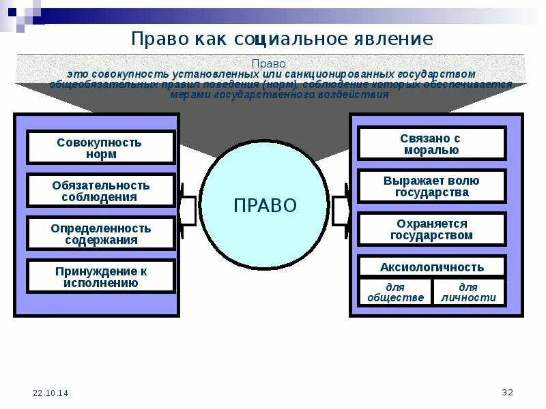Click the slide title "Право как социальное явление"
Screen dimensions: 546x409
tap(281, 38)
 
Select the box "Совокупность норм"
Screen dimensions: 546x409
tap(101, 148)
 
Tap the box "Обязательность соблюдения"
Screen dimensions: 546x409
tap(101, 191)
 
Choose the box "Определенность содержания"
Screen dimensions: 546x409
tap(101, 234)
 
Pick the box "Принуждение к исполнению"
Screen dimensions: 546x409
tap(101, 276)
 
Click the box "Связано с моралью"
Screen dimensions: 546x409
tap(431, 144)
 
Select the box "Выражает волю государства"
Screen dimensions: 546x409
tap(431, 186)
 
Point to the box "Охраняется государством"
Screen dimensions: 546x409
tap(431, 229)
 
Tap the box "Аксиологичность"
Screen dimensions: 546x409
tap(431, 267)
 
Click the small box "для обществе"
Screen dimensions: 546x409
tap(395, 292)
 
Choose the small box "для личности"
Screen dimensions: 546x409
tap(468, 292)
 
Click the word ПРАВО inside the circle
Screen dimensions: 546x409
tap(265, 204)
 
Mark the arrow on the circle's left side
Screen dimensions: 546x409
tap(187, 204)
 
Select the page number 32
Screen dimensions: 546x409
tap(506, 392)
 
